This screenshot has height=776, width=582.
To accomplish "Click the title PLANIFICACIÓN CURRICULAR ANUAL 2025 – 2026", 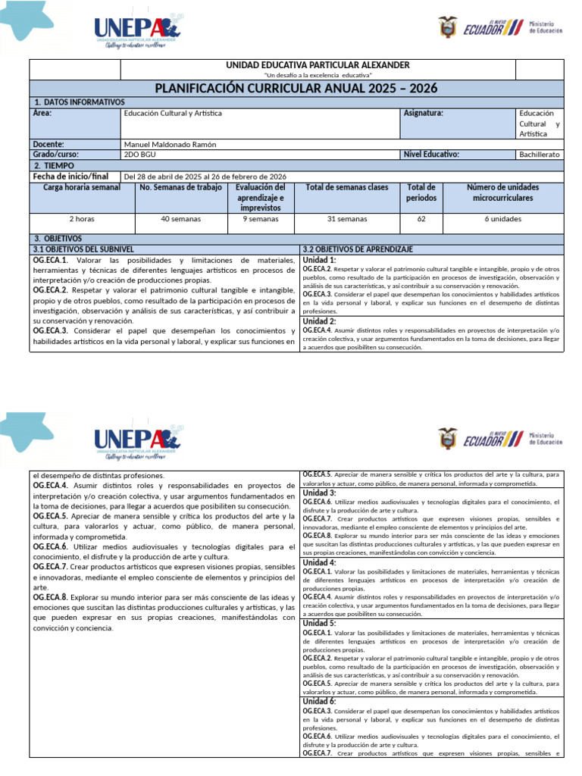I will click(296, 89).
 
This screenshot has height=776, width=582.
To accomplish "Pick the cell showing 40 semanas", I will click(180, 219).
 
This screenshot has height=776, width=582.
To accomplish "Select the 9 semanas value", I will click(260, 219).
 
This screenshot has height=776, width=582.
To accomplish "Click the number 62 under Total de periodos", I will click(421, 219).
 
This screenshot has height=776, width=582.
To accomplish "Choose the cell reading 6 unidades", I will click(502, 219).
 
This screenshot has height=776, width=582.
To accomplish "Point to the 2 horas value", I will click(82, 219).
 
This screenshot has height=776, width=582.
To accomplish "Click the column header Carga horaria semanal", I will click(82, 187).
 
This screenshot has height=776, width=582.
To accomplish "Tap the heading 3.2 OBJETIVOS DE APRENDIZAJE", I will click(358, 249).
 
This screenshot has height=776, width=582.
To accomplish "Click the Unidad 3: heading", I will click(319, 493).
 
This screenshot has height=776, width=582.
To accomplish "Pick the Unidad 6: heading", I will click(319, 702).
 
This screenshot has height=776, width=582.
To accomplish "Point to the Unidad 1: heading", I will click(319, 259).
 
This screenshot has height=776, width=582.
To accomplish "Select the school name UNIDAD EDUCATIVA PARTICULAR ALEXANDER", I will click(318, 65).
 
